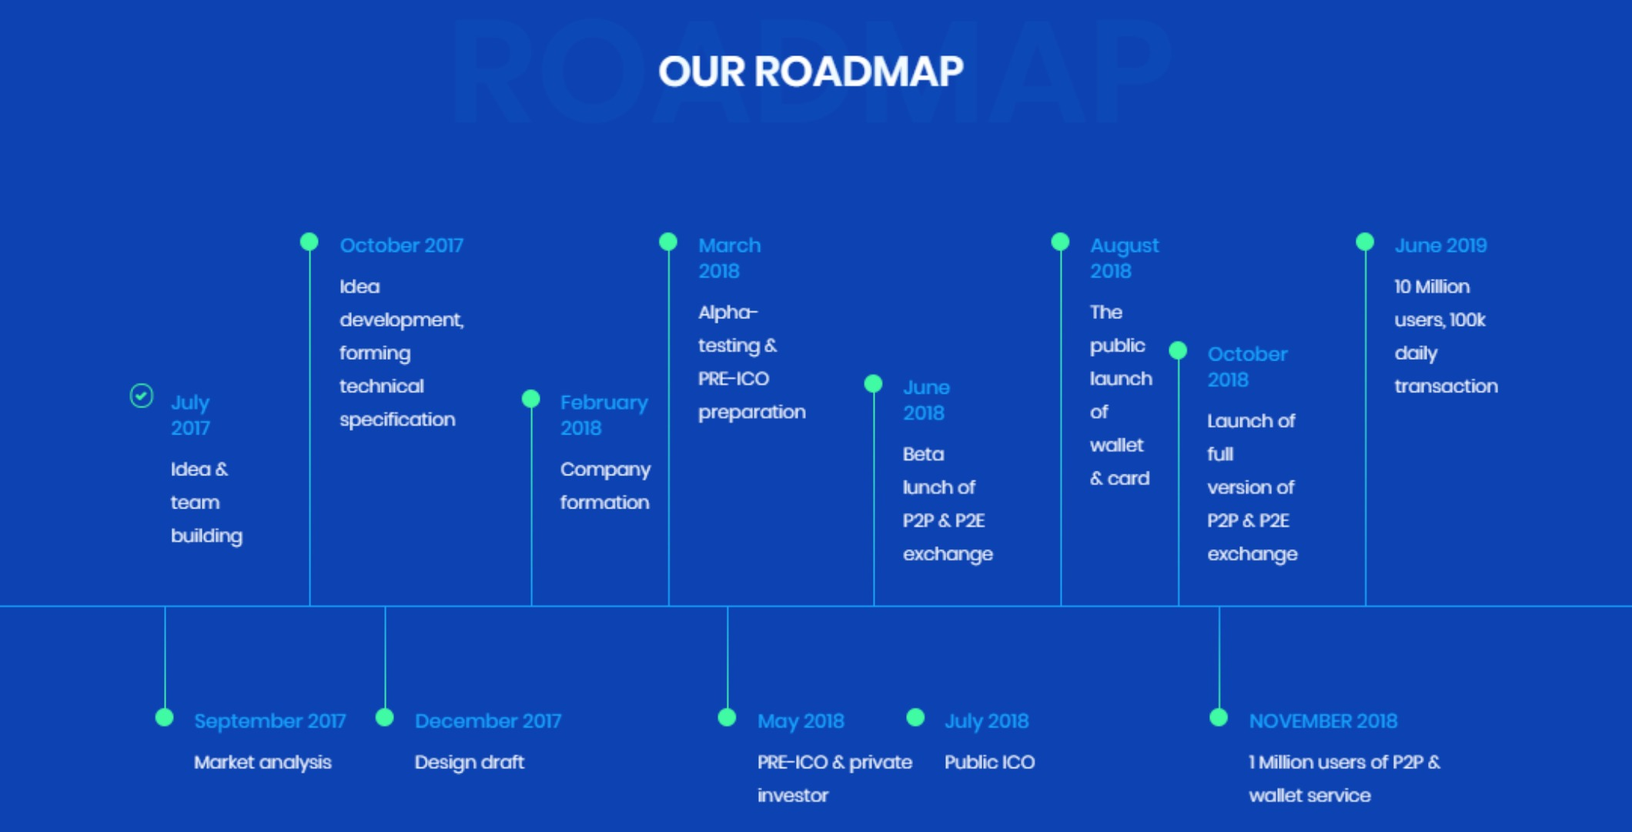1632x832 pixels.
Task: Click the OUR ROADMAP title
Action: click(811, 72)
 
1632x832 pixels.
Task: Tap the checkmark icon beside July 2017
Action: click(142, 396)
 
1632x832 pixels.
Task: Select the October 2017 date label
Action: click(402, 246)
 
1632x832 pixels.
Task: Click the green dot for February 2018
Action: click(531, 398)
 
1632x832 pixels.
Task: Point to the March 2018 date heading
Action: click(730, 258)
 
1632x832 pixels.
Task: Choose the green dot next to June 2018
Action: click(873, 384)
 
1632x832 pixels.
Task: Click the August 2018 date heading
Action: click(1124, 258)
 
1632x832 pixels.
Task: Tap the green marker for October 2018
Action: click(1178, 351)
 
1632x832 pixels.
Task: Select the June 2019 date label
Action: click(1440, 246)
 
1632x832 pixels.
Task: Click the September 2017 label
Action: click(270, 721)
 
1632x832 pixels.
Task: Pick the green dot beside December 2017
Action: click(385, 717)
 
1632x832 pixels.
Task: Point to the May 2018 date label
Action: click(801, 721)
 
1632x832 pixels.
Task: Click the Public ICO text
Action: click(990, 762)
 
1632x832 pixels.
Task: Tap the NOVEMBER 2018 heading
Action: click(1323, 721)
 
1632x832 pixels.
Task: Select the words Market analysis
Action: click(263, 762)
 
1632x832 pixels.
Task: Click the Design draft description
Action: click(470, 762)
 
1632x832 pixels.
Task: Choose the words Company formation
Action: click(605, 485)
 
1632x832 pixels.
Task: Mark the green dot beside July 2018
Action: click(915, 717)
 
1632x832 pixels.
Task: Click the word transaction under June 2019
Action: click(1446, 386)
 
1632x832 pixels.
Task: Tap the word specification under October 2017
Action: click(397, 420)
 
